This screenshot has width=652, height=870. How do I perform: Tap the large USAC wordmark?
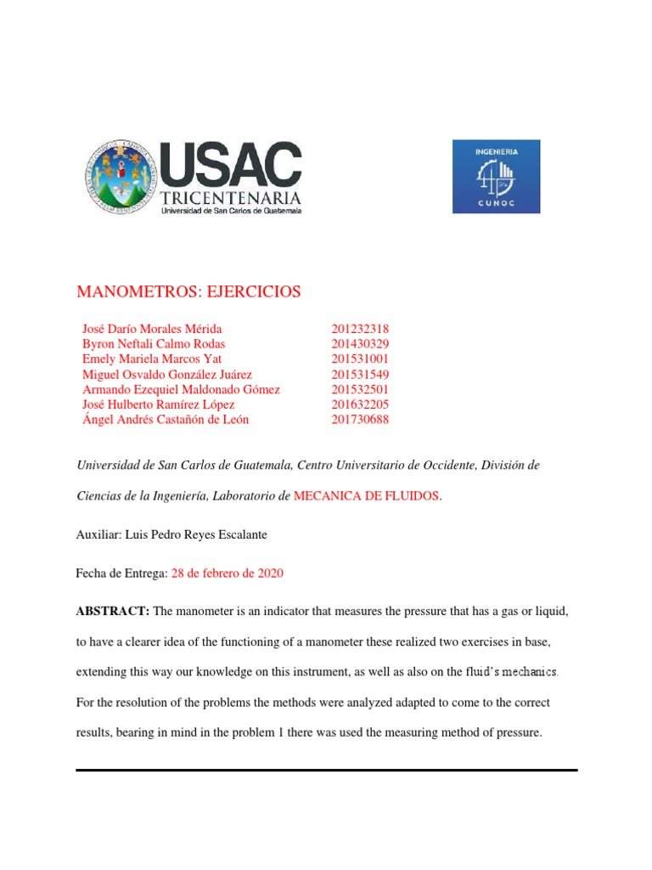coord(231,166)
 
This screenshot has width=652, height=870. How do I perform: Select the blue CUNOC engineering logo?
coord(496,177)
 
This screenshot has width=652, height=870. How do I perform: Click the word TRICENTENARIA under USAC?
coord(231,199)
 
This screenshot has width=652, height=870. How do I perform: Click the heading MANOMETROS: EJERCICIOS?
coord(188,292)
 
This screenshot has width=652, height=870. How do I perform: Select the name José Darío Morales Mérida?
coord(152,329)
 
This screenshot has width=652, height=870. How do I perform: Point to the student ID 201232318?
coord(360,329)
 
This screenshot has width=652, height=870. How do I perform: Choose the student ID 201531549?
coord(360,375)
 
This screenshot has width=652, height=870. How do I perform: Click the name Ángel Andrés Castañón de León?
coord(166,420)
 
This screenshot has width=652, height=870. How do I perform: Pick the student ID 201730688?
coord(360,420)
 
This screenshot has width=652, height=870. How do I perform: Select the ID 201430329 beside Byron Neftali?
coord(360,344)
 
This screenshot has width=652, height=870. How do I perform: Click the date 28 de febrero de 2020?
coord(228,573)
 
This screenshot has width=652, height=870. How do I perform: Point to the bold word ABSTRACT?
coord(113,613)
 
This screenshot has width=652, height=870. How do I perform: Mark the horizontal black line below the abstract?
coord(326,770)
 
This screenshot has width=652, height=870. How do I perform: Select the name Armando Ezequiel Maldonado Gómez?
coord(181,390)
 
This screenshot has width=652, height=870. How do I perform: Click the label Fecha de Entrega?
coord(122,573)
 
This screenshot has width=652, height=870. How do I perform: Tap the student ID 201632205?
coord(360,404)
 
